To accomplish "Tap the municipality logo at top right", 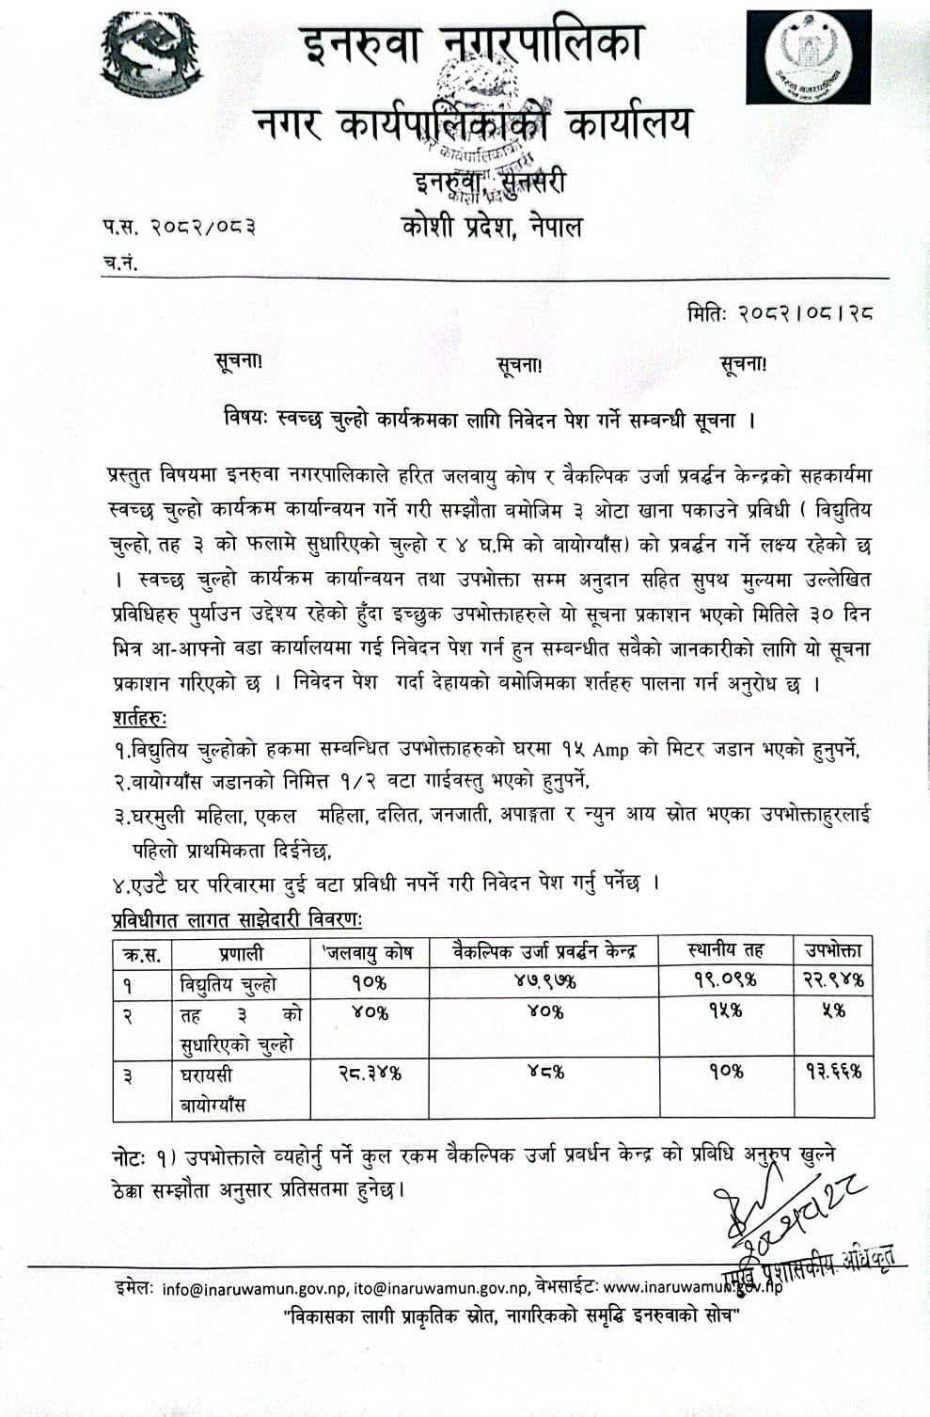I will (x=808, y=58).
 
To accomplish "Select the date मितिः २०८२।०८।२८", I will (x=780, y=314).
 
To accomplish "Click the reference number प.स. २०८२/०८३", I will (x=180, y=226).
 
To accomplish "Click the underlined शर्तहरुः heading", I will (x=139, y=717).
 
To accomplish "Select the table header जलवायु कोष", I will (x=369, y=952).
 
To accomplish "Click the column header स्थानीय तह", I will (x=725, y=950).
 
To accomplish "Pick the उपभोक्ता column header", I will (x=833, y=950).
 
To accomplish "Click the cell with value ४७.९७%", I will (x=544, y=981).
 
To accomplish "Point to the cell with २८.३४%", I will (x=369, y=1073).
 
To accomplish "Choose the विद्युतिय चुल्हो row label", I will (x=228, y=984).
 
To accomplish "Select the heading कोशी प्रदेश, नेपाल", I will (x=491, y=227).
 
